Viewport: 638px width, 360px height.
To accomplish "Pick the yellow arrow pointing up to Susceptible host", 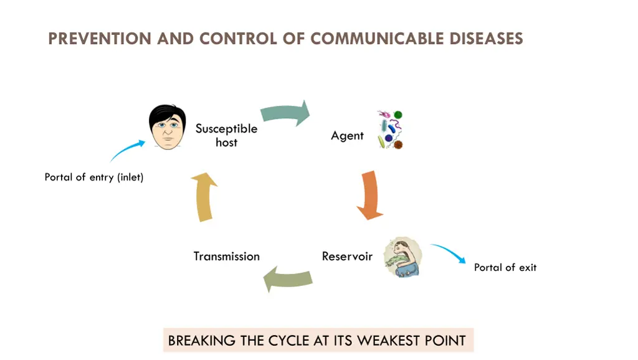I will pyautogui.click(x=204, y=197).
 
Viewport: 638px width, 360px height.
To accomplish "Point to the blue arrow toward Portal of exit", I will pyautogui.click(x=449, y=253).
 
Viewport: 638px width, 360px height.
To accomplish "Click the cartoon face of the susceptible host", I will pyautogui.click(x=167, y=127).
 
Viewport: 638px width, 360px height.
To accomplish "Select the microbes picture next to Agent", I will pyautogui.click(x=390, y=130).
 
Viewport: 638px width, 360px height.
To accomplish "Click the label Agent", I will pyautogui.click(x=347, y=135).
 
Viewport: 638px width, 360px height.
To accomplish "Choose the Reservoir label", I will pyautogui.click(x=347, y=256).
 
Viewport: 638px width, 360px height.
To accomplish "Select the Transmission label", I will pyautogui.click(x=226, y=256).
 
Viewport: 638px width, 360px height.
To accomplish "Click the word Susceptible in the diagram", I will pyautogui.click(x=226, y=128).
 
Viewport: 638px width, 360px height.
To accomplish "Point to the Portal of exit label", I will pyautogui.click(x=505, y=267).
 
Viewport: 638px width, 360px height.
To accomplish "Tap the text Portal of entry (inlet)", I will pyautogui.click(x=94, y=177).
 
